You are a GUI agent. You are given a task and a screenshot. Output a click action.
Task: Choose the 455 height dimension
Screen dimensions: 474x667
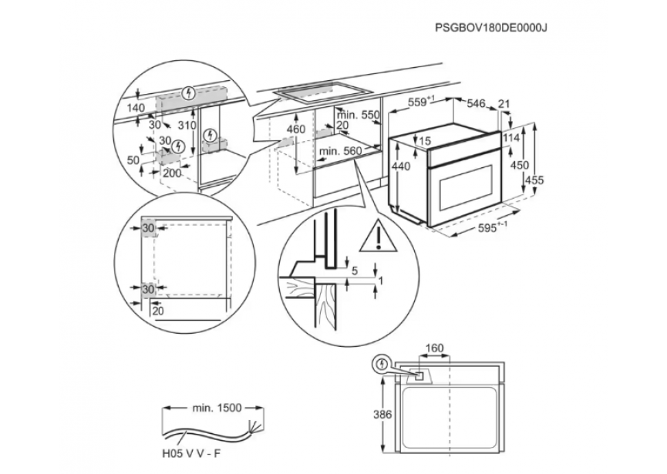534,180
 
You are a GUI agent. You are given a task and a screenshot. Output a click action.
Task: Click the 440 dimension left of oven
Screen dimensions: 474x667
400,167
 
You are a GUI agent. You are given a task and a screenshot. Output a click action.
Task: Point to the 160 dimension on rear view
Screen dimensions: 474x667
434,348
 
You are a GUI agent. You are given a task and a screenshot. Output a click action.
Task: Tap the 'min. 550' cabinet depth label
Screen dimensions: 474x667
362,115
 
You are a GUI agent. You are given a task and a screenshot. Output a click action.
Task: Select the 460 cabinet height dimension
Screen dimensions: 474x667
296,129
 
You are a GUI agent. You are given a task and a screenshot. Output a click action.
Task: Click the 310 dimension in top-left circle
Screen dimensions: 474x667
186,126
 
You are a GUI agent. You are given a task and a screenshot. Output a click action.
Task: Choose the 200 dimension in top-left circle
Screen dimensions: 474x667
173,173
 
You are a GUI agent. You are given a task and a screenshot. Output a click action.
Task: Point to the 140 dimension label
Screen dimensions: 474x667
136,108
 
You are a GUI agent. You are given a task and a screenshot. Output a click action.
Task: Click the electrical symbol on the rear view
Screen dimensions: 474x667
379,363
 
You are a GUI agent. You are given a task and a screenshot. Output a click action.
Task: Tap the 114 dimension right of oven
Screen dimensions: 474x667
510,137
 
